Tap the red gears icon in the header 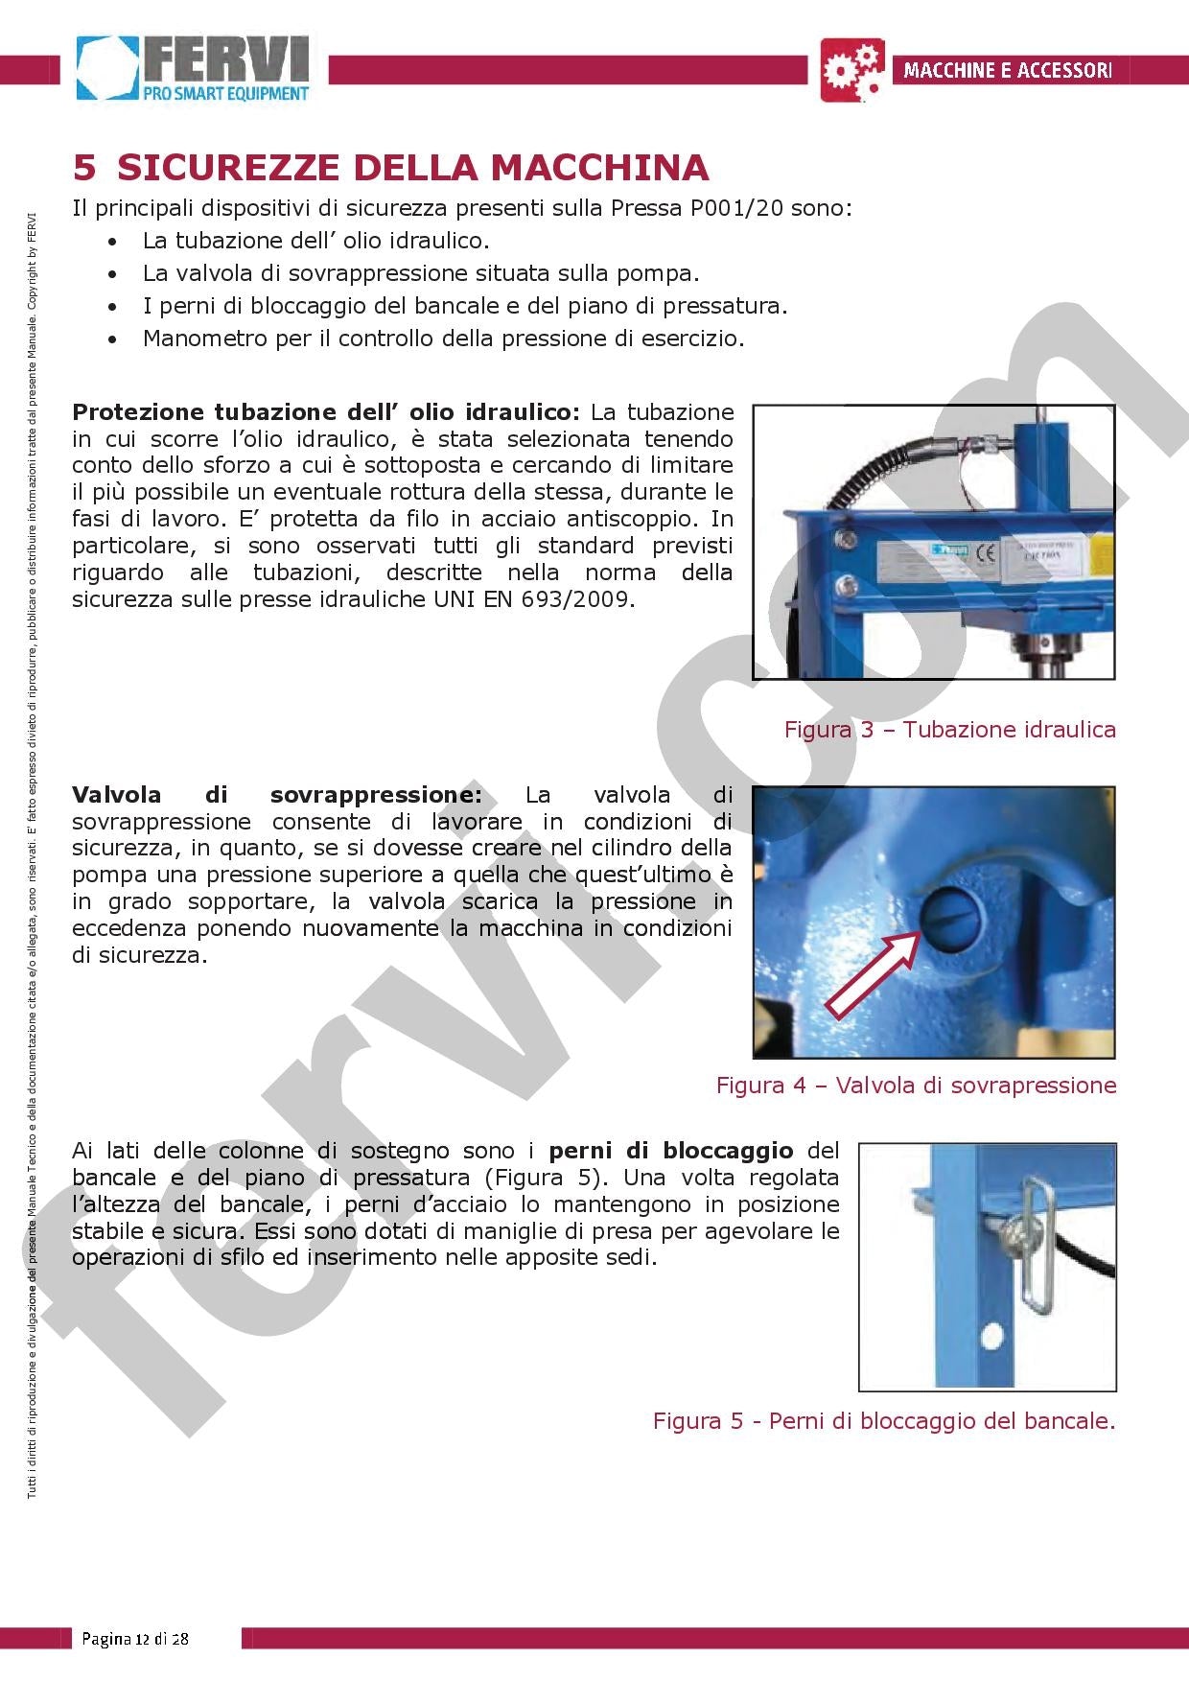[851, 70]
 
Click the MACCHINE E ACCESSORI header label [1007, 70]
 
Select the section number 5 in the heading [84, 168]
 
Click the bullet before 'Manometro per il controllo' [114, 339]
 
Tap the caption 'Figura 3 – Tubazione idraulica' [949, 730]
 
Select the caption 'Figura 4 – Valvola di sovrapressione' [916, 1086]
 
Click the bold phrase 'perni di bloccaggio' [670, 1151]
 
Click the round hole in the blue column [991, 1334]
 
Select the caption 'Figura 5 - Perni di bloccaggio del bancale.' [884, 1420]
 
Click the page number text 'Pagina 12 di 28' [135, 1638]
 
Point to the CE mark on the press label [984, 554]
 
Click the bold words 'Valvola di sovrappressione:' [277, 795]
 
